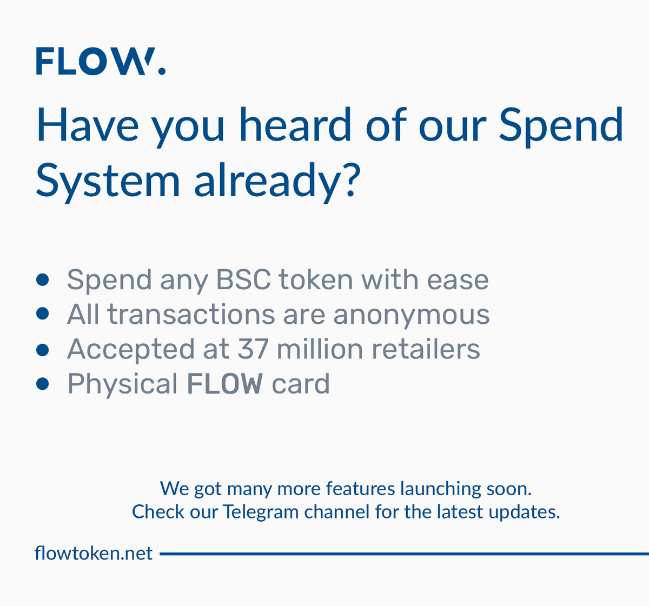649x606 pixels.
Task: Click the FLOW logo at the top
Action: [100, 61]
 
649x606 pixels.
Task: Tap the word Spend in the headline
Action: [560, 125]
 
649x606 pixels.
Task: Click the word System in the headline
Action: [108, 180]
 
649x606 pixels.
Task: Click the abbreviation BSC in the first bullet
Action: [243, 280]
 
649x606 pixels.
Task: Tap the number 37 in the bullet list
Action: [253, 349]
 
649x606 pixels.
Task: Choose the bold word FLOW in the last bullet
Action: [224, 384]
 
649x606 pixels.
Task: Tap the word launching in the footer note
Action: [440, 489]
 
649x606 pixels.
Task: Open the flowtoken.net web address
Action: [94, 554]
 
